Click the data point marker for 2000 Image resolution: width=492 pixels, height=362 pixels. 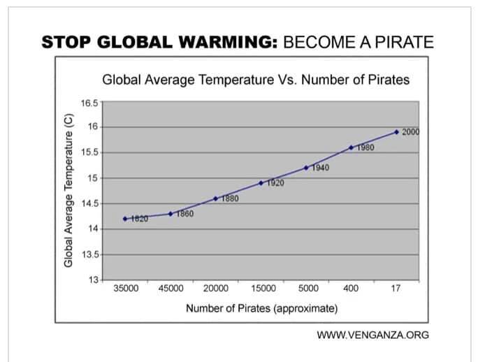(x=396, y=131)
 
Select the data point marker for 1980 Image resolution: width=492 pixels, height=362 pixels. (x=351, y=147)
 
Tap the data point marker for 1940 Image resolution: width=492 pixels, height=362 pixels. (x=306, y=168)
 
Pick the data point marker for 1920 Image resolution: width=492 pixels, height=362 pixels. (x=261, y=183)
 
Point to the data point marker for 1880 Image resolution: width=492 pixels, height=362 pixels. (x=215, y=198)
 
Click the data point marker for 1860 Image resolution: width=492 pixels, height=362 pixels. (x=171, y=214)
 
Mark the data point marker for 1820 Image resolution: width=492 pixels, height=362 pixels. (x=125, y=219)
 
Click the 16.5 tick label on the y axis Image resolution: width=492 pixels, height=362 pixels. (x=89, y=102)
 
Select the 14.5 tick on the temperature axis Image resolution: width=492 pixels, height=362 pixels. (x=89, y=204)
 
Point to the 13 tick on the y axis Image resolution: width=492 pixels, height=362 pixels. (x=93, y=281)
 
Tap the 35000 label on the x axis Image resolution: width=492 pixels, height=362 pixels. (x=126, y=288)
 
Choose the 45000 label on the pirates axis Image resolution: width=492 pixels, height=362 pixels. (x=171, y=288)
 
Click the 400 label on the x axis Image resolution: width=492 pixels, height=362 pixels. (x=352, y=288)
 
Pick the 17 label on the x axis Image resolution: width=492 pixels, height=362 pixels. (x=396, y=288)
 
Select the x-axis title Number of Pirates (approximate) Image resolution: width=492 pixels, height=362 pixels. (x=261, y=308)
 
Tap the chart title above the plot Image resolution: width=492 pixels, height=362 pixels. (x=256, y=80)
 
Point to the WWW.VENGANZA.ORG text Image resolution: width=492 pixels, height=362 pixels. (x=372, y=335)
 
